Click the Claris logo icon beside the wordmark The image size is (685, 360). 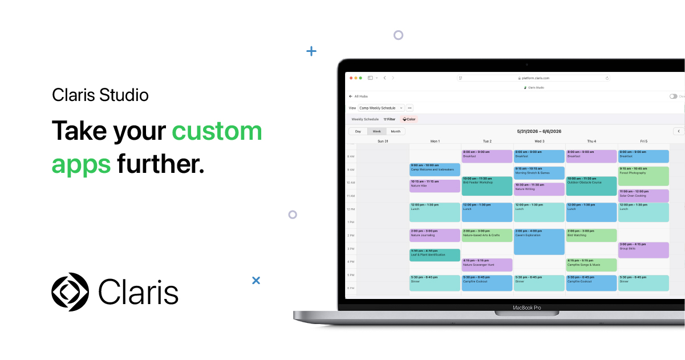click(70, 292)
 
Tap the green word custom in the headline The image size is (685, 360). click(217, 131)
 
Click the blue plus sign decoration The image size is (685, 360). click(311, 51)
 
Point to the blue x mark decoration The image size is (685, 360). click(256, 280)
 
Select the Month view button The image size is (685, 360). click(395, 131)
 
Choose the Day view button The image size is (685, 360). click(358, 131)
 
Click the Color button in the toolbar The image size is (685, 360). click(410, 119)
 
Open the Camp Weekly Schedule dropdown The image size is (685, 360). click(381, 108)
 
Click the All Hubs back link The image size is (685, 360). click(359, 96)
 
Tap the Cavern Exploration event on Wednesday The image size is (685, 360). click(539, 242)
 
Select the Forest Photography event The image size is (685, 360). click(643, 176)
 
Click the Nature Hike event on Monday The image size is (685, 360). click(435, 186)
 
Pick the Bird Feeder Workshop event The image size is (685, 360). click(487, 186)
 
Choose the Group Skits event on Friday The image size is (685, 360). click(643, 250)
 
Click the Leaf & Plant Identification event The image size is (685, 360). click(435, 255)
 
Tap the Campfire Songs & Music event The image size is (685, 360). click(591, 265)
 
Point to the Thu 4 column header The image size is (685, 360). click(591, 141)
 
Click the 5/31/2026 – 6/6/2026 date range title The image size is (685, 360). click(539, 131)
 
